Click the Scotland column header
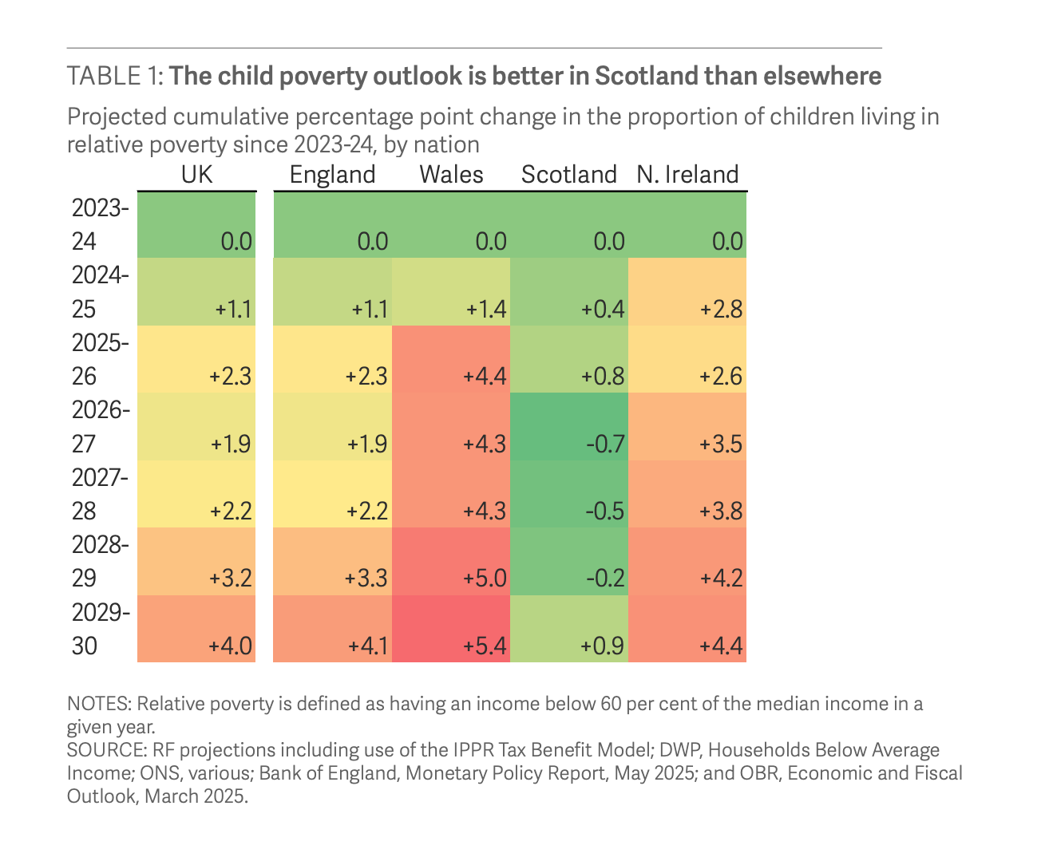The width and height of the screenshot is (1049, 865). (568, 175)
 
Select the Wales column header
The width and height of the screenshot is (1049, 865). (451, 175)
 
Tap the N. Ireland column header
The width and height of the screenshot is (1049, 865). (687, 175)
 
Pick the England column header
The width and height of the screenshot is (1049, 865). (332, 175)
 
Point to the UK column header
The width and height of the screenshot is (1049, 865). (197, 175)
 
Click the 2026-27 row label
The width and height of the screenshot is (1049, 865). (100, 427)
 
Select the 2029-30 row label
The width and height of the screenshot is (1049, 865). (100, 629)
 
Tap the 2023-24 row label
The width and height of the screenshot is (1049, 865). (100, 224)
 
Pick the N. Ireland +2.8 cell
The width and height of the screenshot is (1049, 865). (721, 310)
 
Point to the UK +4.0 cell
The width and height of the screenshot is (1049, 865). (231, 646)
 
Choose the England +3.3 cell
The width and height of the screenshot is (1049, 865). (366, 578)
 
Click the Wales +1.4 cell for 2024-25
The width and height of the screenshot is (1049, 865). (485, 310)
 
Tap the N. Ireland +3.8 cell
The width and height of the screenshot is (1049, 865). (721, 511)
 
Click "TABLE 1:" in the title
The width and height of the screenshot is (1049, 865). (115, 76)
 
